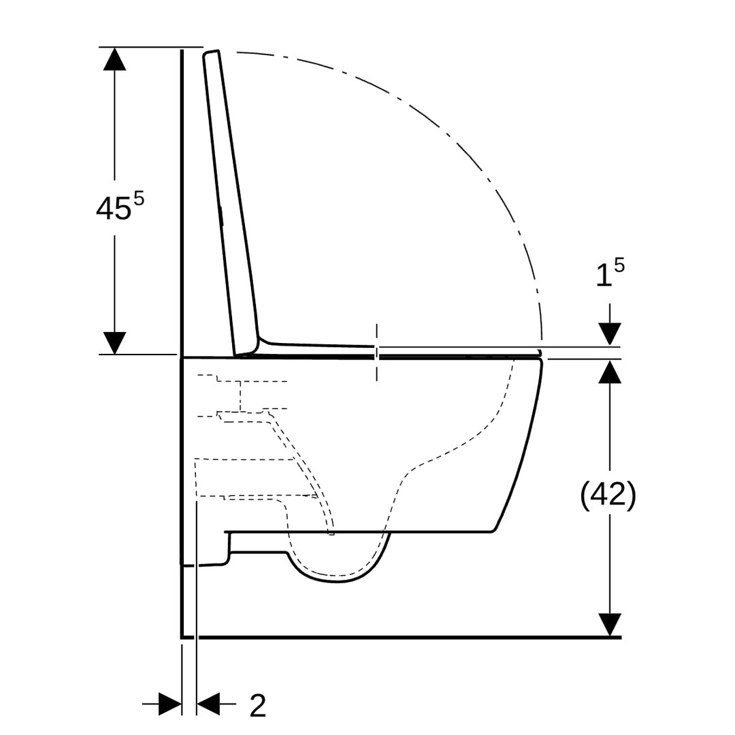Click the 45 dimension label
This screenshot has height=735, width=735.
pos(114,208)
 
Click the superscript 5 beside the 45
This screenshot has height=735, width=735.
pos(139,199)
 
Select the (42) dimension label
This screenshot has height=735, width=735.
pos(608,495)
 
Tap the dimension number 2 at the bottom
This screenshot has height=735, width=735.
pos(258,706)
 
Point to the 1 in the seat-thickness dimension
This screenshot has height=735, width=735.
pos(603,276)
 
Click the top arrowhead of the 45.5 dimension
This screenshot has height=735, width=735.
pos(114,59)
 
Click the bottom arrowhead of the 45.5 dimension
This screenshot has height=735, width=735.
pos(114,342)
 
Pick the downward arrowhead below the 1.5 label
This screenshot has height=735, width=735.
pos(610,334)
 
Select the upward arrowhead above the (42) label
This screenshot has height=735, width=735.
pos(610,372)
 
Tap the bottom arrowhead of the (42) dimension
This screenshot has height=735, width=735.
pos(610,625)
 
